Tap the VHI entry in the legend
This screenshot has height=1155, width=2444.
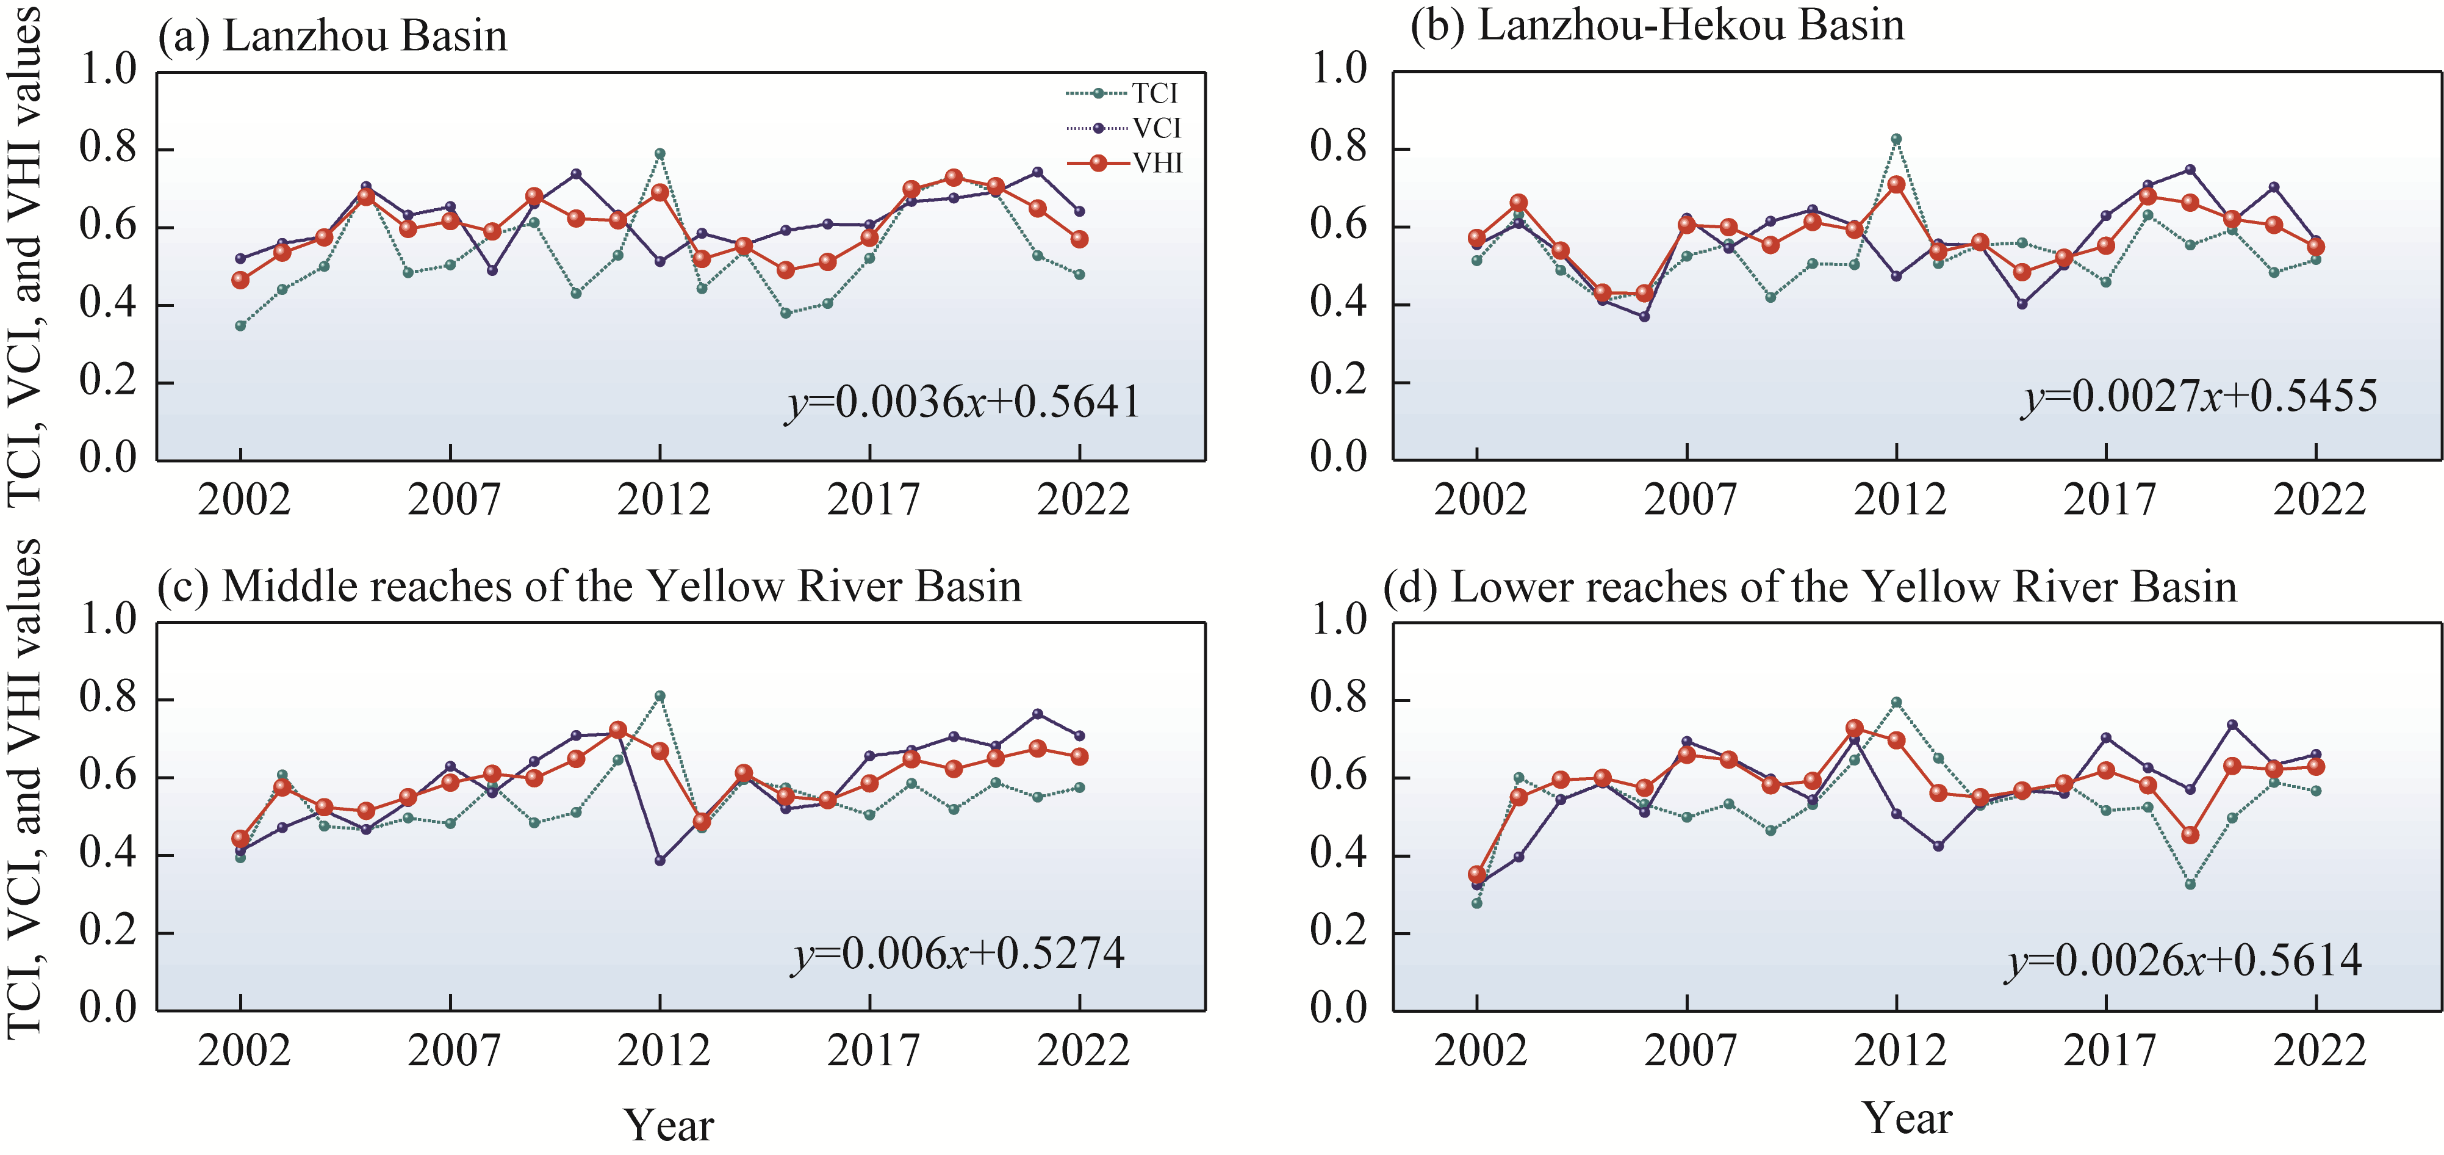(1157, 163)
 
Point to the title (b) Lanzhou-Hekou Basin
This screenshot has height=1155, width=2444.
(1656, 26)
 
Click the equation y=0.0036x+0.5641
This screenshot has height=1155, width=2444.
(962, 402)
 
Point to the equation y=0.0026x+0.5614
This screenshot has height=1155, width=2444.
(2183, 960)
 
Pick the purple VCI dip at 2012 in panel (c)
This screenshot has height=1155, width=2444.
(660, 861)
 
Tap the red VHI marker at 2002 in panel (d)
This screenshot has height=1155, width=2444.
(1476, 875)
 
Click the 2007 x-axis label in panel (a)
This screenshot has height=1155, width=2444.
(453, 500)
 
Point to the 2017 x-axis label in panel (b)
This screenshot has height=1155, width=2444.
(2108, 500)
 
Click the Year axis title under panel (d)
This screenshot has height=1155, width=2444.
(1907, 1118)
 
